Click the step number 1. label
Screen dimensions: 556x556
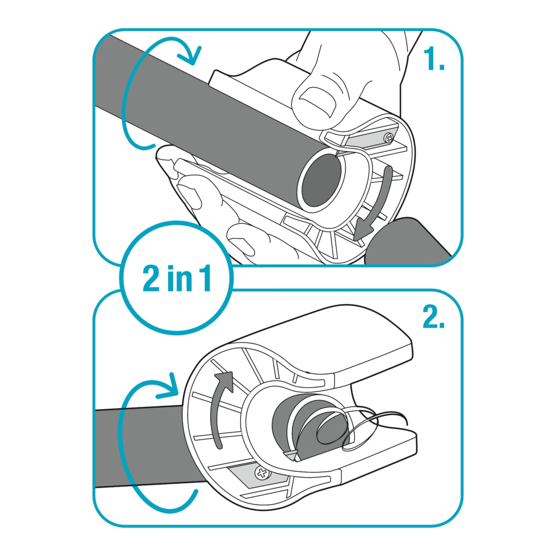coord(433,59)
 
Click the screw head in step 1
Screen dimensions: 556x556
coord(388,138)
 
